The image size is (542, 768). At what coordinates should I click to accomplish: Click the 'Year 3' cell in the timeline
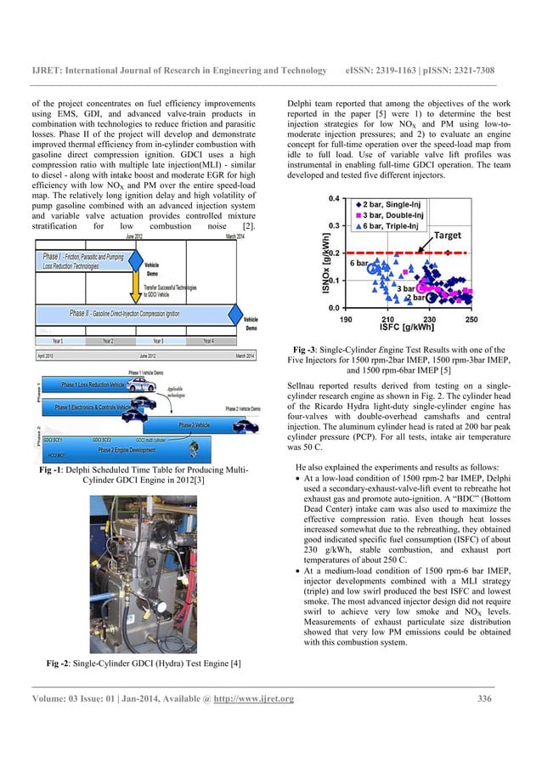pos(157,340)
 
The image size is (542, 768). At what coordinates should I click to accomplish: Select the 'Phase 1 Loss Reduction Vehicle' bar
pos(93,385)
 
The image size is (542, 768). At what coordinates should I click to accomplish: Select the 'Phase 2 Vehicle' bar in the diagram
pos(194,424)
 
